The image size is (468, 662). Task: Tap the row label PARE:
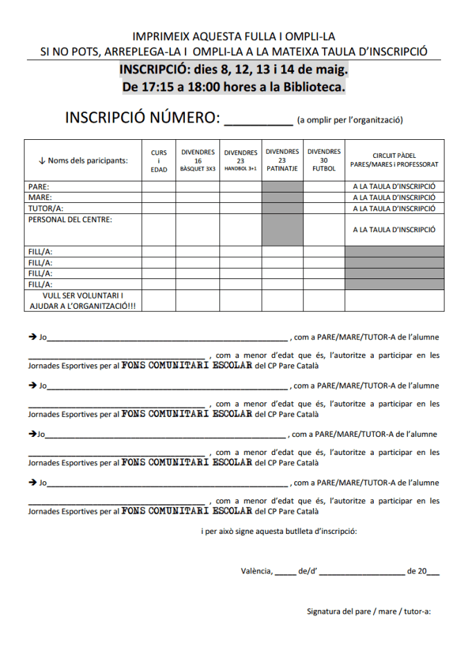click(x=39, y=187)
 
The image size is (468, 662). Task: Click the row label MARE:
click(x=39, y=197)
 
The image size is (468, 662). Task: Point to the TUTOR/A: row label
click(x=44, y=208)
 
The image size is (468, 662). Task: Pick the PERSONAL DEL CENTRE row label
click(x=70, y=220)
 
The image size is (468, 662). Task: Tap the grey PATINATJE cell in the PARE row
click(x=282, y=187)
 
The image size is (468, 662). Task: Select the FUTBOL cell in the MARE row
click(x=323, y=197)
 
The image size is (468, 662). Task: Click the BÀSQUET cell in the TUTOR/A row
click(x=198, y=208)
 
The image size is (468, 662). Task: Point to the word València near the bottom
click(x=257, y=571)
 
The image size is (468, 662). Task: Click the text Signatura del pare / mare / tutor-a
click(x=369, y=611)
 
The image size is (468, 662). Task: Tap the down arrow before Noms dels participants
click(x=42, y=161)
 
